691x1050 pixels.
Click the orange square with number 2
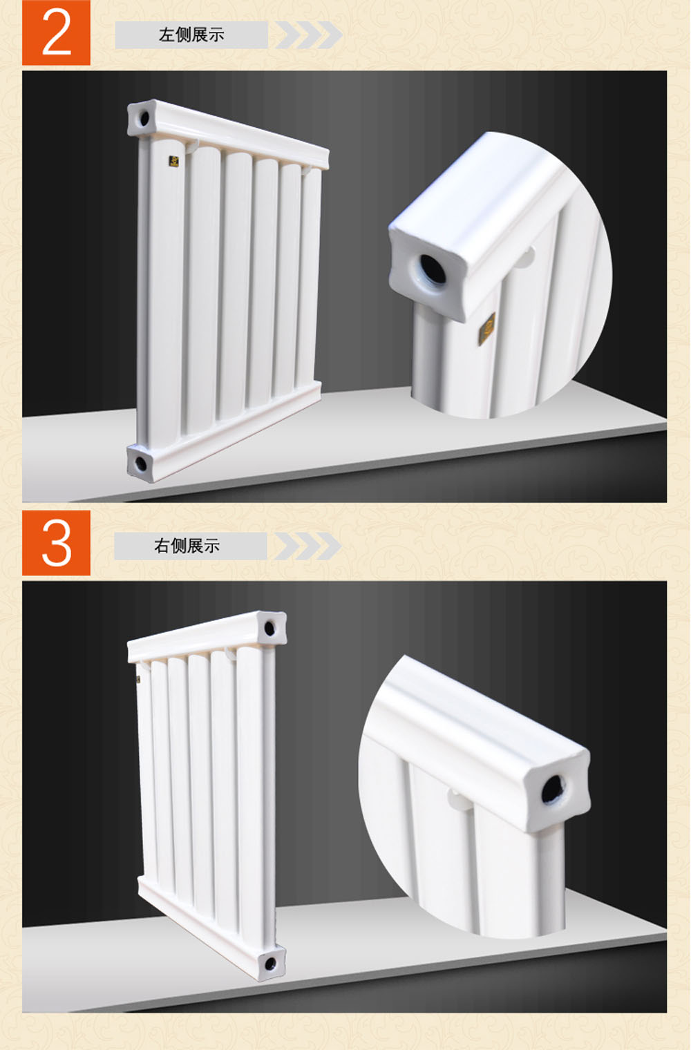[x=56, y=32]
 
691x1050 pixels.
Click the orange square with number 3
[x=56, y=543]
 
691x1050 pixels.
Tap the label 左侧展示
[x=191, y=35]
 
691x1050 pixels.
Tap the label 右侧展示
[x=187, y=546]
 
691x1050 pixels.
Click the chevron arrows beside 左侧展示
[x=309, y=35]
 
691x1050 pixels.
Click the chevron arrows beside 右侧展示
[x=307, y=546]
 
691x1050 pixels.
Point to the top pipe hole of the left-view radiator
[x=144, y=117]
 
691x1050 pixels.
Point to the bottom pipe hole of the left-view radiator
[x=141, y=464]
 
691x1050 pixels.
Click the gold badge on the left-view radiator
[x=174, y=161]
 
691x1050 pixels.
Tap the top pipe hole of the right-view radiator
[x=270, y=629]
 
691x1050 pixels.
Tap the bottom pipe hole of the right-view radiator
[x=271, y=964]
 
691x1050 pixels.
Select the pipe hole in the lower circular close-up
[x=553, y=790]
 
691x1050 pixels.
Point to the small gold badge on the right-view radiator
[x=138, y=680]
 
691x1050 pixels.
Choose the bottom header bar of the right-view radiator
[x=211, y=928]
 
